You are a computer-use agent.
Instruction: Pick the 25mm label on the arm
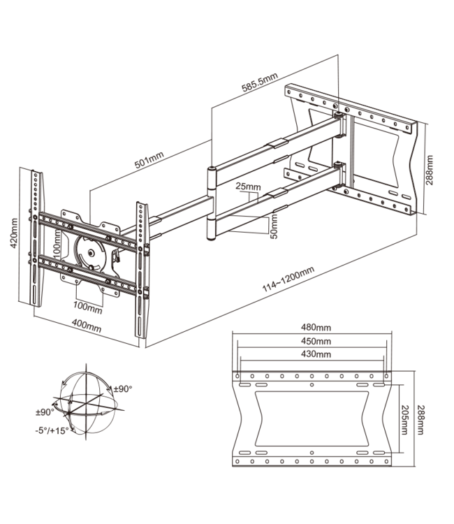tap(248, 188)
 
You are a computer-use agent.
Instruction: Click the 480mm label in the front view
tap(313, 327)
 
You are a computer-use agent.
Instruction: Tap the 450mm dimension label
tap(313, 341)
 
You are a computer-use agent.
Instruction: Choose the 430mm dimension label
tap(313, 354)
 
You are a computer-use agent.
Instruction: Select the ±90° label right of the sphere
tap(122, 388)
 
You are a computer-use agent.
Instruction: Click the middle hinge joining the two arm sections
tap(212, 203)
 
